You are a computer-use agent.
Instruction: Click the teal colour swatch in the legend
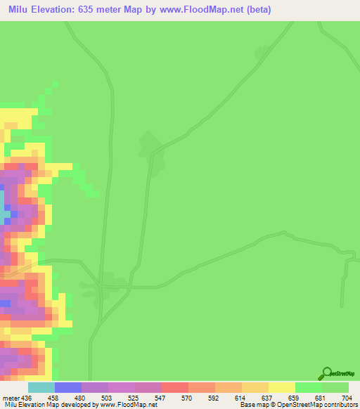[x=41, y=387]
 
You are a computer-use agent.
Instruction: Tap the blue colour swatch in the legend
[x=67, y=387]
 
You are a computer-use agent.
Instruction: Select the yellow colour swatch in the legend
[x=282, y=387]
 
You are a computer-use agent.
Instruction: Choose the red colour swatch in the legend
[x=174, y=387]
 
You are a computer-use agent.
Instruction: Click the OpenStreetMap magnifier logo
[x=326, y=373]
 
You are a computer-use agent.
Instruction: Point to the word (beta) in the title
[x=256, y=10]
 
